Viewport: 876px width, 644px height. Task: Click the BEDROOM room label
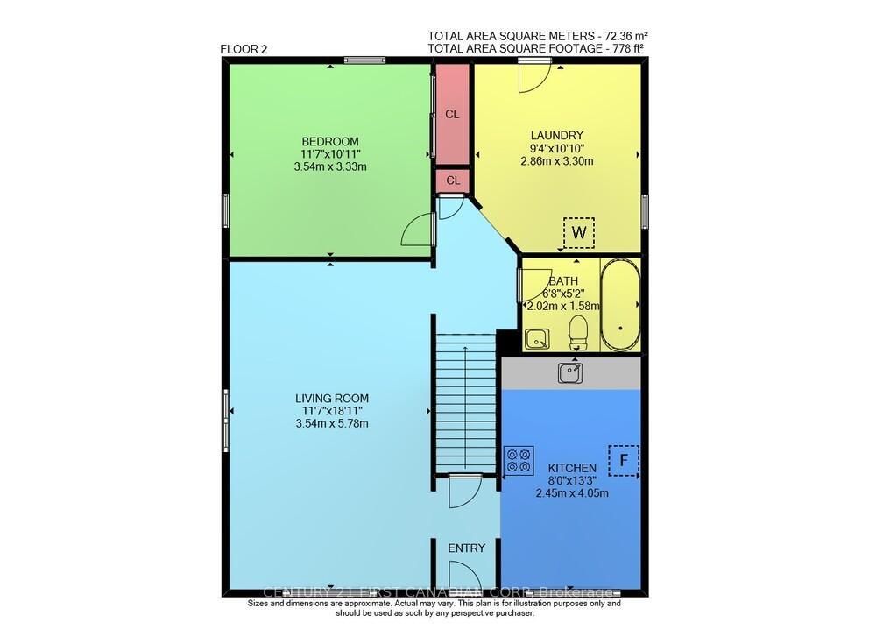click(x=330, y=141)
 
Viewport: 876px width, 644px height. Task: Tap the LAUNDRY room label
click(x=556, y=135)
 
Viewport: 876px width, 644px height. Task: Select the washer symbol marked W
click(x=578, y=232)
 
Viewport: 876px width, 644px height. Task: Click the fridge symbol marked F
click(x=624, y=459)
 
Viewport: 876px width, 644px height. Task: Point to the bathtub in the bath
click(x=620, y=304)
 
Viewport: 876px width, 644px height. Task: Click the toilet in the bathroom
click(x=577, y=331)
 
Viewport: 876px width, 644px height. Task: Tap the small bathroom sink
click(x=536, y=337)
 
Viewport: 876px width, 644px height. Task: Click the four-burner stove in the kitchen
click(x=519, y=460)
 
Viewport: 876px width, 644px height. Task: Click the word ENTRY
click(x=466, y=548)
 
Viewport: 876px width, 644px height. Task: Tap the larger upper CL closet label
click(x=453, y=114)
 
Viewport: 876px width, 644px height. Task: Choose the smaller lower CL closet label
click(x=453, y=180)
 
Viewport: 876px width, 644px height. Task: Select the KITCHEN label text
click(x=572, y=468)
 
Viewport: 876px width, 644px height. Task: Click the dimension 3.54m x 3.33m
click(x=330, y=166)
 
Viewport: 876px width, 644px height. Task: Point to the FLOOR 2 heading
click(x=244, y=49)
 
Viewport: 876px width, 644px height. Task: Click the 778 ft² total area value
click(x=628, y=49)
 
